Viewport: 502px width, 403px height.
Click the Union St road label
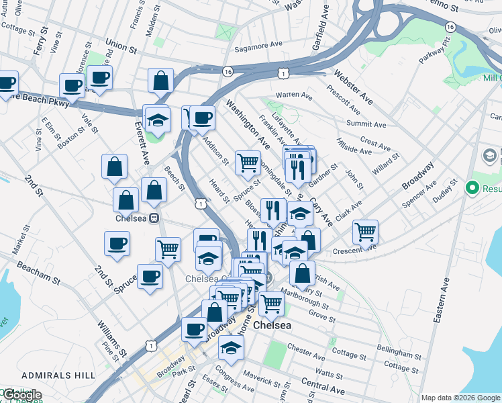[x=121, y=50]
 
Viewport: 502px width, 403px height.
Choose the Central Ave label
[x=323, y=384]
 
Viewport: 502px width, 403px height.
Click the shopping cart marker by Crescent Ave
[x=365, y=232]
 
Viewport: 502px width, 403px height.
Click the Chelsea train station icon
[x=154, y=218]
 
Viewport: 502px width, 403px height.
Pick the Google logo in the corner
[x=21, y=395]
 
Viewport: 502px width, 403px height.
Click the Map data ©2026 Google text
[x=460, y=398]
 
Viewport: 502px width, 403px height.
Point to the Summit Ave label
[x=366, y=124]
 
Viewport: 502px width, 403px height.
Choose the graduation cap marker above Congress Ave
[x=231, y=347]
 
